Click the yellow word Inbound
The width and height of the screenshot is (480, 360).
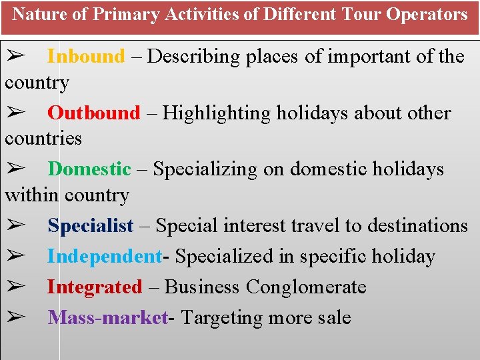(86, 57)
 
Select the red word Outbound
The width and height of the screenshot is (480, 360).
(94, 113)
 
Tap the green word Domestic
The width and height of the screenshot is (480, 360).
(89, 169)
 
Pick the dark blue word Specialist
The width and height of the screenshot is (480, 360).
(91, 226)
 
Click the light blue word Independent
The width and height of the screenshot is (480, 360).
(104, 257)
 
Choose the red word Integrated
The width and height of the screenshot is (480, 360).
(94, 287)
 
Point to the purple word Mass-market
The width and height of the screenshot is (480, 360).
(107, 318)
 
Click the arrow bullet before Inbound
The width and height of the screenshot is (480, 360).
(15, 57)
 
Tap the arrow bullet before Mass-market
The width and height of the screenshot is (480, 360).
(15, 318)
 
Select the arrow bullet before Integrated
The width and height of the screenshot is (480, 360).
(15, 287)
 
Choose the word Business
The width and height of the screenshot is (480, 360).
(202, 287)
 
